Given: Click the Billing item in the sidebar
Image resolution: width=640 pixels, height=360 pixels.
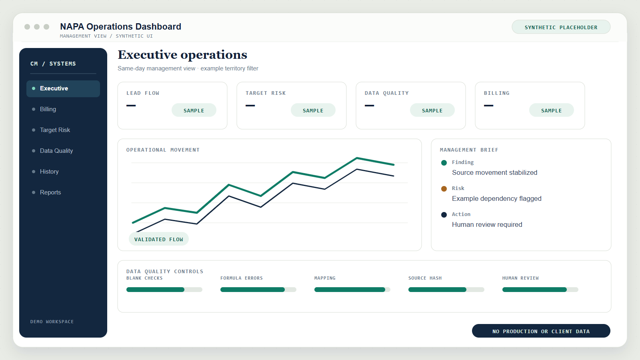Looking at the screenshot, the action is click(x=48, y=109).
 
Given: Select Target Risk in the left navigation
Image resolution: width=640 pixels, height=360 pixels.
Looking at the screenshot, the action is click(x=55, y=130).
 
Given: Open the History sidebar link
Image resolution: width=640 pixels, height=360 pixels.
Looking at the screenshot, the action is click(x=49, y=172).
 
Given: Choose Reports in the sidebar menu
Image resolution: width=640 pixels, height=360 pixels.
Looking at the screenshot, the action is click(x=50, y=192).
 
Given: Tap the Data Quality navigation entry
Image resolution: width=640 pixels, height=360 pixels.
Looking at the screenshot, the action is click(x=56, y=151).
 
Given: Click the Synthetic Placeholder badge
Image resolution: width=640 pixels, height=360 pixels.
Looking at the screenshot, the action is click(x=561, y=27).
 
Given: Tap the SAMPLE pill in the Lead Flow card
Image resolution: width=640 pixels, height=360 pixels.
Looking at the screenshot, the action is click(x=194, y=110).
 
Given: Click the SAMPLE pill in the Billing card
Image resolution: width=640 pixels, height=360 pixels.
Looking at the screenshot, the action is click(x=552, y=110).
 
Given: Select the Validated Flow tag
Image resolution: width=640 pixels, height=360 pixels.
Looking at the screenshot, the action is click(x=158, y=239).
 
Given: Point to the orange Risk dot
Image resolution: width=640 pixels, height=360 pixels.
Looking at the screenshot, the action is click(x=444, y=188).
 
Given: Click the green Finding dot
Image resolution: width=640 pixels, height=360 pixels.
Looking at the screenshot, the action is click(x=444, y=162).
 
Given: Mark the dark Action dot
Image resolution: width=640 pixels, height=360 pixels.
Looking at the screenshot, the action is click(x=444, y=214).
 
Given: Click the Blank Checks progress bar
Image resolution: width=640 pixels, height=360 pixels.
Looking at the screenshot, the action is click(x=164, y=290).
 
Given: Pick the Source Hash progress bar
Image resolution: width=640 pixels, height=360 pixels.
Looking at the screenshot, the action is click(x=446, y=290).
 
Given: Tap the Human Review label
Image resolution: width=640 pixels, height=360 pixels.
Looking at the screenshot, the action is click(x=520, y=278).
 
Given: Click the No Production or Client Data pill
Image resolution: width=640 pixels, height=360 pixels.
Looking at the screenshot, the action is click(x=541, y=331).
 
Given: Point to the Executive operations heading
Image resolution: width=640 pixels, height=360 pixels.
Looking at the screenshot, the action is click(x=182, y=55).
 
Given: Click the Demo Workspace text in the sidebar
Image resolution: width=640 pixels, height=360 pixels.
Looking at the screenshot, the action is click(x=52, y=322).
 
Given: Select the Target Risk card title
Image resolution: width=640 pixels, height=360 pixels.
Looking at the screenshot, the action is click(x=266, y=93).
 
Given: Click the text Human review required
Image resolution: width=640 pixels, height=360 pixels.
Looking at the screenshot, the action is click(x=487, y=224).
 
